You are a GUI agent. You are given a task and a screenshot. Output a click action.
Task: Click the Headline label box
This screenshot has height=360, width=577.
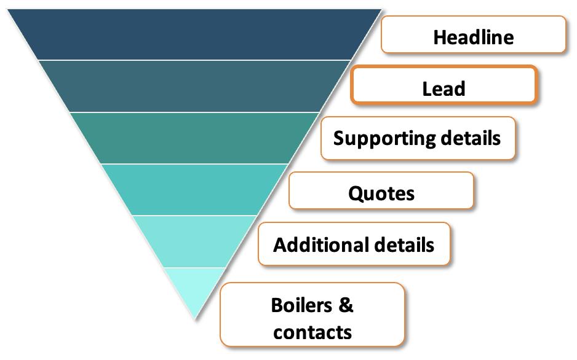[x=473, y=35]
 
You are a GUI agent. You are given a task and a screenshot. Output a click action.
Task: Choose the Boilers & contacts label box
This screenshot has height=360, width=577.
[x=312, y=315]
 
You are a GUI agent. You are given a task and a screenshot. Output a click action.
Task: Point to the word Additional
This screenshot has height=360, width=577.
[x=320, y=245]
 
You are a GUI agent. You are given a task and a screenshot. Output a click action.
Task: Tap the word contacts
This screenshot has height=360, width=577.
[x=312, y=332]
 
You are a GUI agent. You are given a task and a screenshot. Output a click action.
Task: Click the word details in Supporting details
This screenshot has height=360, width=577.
[x=471, y=138]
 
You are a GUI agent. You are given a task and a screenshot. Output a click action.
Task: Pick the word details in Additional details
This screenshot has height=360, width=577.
[x=404, y=245]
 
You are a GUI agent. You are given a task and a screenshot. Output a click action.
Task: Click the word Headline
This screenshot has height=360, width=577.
[x=473, y=37]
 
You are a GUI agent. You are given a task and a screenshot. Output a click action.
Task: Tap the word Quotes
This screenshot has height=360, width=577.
[x=381, y=194]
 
